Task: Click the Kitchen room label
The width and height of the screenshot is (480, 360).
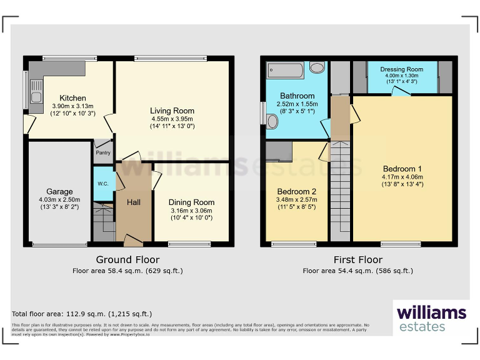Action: (72, 98)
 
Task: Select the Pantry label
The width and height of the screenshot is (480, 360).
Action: (102, 152)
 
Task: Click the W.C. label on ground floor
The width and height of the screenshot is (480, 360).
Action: (103, 184)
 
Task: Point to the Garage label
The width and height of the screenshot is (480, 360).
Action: (59, 192)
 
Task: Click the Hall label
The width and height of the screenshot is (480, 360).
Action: (134, 202)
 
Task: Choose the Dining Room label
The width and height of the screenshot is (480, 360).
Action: (191, 202)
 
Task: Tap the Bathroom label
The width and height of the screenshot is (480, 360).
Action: (297, 96)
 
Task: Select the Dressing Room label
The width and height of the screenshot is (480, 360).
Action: (401, 69)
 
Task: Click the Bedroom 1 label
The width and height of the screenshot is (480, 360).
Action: (402, 169)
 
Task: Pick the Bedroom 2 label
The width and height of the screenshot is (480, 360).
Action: (297, 191)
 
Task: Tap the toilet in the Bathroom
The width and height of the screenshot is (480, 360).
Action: (272, 120)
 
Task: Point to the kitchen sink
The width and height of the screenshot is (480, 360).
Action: (36, 97)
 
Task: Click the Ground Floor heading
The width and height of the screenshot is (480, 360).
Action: (127, 259)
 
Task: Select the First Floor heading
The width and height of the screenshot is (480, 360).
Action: (357, 259)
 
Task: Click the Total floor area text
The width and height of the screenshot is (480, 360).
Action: (82, 314)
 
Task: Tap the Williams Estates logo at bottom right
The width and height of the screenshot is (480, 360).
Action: (432, 319)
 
